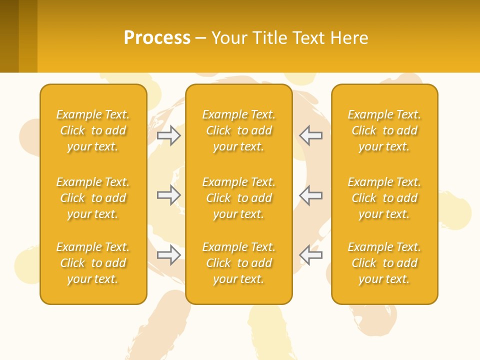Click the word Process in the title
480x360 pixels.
(x=157, y=38)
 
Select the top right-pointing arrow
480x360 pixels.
(x=169, y=135)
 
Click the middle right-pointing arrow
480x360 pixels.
(x=169, y=195)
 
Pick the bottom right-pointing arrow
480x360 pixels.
(x=169, y=255)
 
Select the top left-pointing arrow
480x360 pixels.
(x=311, y=135)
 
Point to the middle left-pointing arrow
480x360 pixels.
(x=311, y=195)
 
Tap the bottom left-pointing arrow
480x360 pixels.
(x=311, y=255)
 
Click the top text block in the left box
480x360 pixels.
(x=93, y=130)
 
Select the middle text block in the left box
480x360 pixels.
(x=93, y=198)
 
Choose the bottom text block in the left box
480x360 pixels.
(x=93, y=263)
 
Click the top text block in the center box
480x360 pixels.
(x=239, y=130)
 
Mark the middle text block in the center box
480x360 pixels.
(x=239, y=198)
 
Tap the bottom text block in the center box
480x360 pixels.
(x=239, y=263)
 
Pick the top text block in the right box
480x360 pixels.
(x=384, y=130)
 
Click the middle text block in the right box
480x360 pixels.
(x=384, y=198)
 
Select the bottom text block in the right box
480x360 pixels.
(x=384, y=263)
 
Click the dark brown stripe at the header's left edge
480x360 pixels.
(x=9, y=36)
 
